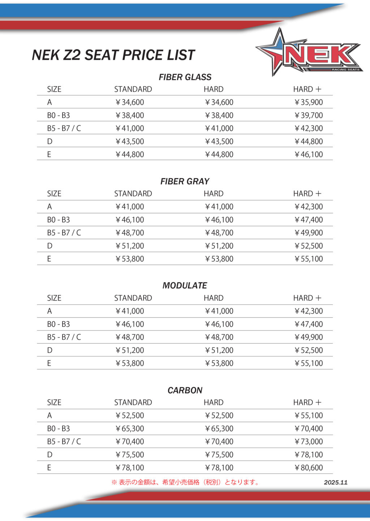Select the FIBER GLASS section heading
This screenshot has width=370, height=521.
pos(185,77)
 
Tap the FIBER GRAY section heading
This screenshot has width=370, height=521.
pos(185,181)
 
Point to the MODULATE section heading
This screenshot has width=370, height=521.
pos(185,285)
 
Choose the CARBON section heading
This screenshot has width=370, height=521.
pos(185,390)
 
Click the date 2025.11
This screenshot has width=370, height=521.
pos(336,482)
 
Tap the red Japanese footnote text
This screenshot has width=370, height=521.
pos(185,482)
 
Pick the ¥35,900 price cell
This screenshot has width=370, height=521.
pos(309,102)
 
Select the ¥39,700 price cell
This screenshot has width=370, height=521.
pos(309,115)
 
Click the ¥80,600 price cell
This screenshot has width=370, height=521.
pos(309,468)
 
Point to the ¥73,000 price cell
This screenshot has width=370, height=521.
pos(309,442)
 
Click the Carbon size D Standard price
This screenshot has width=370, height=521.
pos(130,455)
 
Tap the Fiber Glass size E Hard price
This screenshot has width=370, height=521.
pos(219,154)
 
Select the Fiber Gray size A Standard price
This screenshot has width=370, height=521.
pos(130,207)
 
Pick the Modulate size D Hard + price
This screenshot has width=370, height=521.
pos(309,350)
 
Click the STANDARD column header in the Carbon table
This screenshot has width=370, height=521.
pos(133,402)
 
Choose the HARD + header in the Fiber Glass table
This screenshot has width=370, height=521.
pos(307,89)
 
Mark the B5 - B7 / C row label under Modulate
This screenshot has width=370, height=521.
pos(64,337)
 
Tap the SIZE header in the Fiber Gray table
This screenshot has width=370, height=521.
pos(54,194)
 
